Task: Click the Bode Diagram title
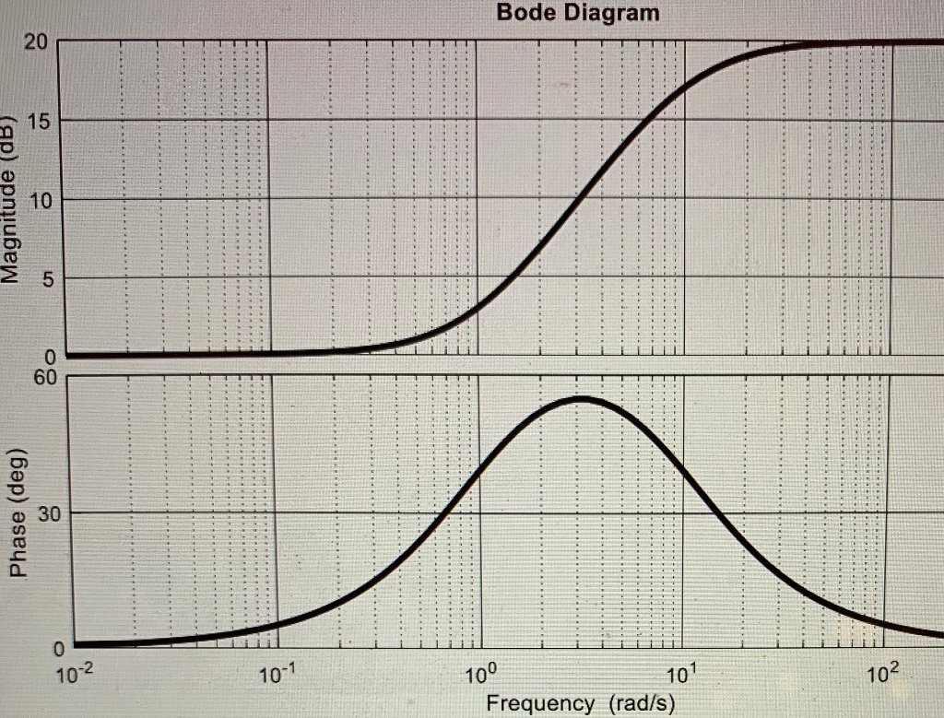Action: (578, 13)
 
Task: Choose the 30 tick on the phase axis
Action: (47, 513)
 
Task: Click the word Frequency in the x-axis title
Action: (540, 703)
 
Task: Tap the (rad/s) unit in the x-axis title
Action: (642, 703)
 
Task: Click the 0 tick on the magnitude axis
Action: (52, 357)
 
